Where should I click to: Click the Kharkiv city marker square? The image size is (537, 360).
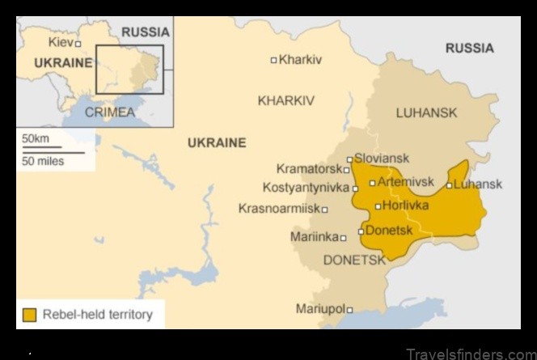(273, 60)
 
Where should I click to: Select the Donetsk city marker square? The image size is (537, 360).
(361, 231)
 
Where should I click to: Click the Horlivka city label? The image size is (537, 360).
(405, 205)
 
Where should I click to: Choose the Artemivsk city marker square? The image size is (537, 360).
(372, 183)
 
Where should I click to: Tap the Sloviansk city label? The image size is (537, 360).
(382, 159)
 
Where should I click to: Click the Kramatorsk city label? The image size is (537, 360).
(309, 169)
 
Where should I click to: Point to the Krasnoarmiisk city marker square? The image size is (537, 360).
(325, 210)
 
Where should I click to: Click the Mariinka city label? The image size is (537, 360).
(314, 237)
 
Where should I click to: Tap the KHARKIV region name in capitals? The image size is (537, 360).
(285, 101)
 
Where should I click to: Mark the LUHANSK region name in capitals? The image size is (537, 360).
(426, 113)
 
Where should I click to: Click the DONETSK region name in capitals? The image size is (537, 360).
(354, 260)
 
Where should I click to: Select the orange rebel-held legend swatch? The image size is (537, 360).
(30, 315)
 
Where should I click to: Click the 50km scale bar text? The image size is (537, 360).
(36, 139)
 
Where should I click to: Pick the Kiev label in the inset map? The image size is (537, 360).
(60, 40)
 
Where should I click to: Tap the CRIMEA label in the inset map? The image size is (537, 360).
(110, 112)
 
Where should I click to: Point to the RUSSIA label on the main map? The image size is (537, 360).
(469, 49)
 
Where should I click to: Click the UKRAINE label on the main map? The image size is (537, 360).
(217, 143)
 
